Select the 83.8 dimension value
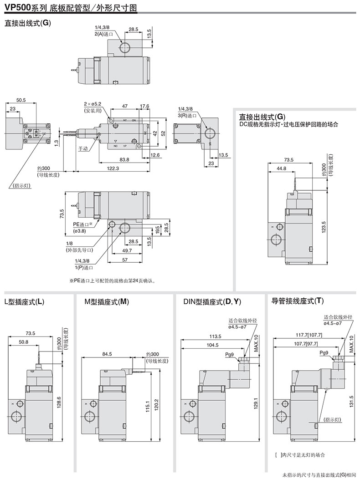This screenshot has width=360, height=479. (124, 159)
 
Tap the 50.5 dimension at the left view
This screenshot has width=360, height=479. (21, 100)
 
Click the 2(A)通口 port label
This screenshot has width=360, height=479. (103, 34)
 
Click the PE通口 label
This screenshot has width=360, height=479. (82, 224)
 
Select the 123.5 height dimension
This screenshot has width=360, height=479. (324, 226)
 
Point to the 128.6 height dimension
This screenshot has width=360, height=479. (59, 402)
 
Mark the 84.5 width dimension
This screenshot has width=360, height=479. (108, 354)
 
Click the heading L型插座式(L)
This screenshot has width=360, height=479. (24, 301)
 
